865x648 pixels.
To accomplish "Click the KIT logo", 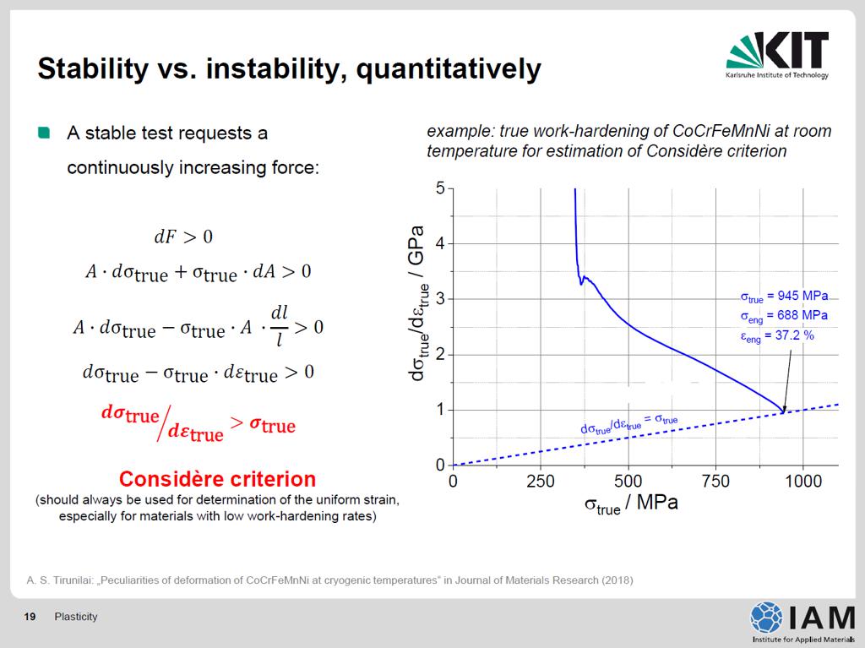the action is (x=777, y=55).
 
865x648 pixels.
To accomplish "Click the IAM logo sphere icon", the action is (x=765, y=617).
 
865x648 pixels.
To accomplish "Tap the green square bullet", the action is (x=44, y=133).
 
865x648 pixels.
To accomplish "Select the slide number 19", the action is (x=30, y=617).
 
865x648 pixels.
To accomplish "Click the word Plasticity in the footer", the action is (x=75, y=617).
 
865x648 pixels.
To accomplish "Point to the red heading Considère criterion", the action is (x=217, y=478).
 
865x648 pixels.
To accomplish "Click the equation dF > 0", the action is (x=183, y=237).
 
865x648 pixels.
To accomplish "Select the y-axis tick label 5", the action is (x=440, y=188).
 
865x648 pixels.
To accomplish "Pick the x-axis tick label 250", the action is (x=540, y=482).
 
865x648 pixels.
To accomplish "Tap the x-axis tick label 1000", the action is (x=803, y=482).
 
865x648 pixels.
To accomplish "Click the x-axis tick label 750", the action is (x=715, y=482).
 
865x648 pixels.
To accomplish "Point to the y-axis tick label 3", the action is (x=440, y=299).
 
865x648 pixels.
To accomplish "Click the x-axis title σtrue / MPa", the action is (x=631, y=504).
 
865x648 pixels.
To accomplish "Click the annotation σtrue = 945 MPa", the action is (x=784, y=297).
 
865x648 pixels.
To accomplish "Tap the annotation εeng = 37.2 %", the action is (x=777, y=336).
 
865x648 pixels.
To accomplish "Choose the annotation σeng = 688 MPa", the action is (x=784, y=316).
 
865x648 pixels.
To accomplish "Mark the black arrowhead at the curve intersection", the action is (x=784, y=409).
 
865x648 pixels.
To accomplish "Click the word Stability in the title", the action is (x=93, y=69).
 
